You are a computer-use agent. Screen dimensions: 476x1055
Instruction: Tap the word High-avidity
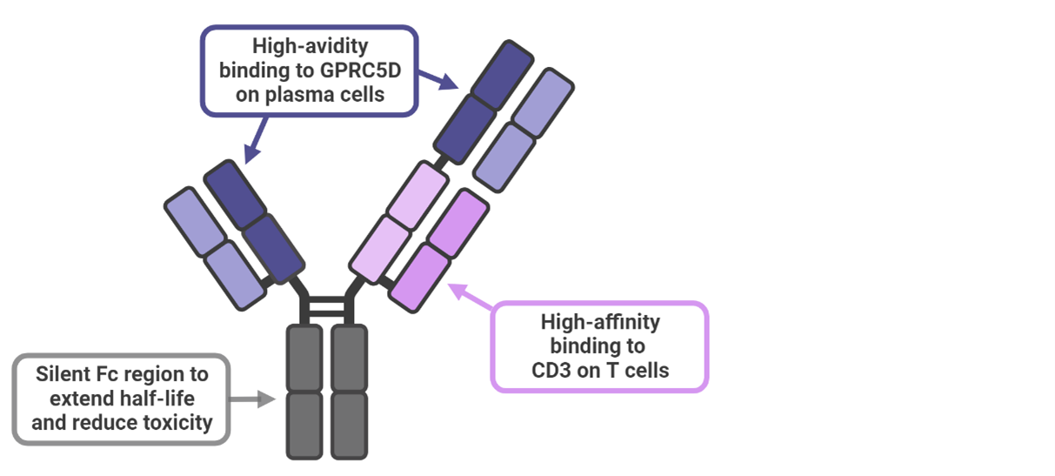coord(310,45)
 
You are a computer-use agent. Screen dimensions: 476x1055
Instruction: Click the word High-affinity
coord(600,322)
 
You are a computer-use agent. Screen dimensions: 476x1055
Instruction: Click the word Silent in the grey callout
coord(65,375)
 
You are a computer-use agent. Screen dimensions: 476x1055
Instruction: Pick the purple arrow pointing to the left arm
coord(255,143)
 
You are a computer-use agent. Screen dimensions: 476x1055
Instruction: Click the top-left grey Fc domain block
coord(304,357)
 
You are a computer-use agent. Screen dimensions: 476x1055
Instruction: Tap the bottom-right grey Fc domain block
coord(350,425)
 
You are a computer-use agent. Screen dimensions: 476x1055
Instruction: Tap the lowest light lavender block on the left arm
coord(235,274)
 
